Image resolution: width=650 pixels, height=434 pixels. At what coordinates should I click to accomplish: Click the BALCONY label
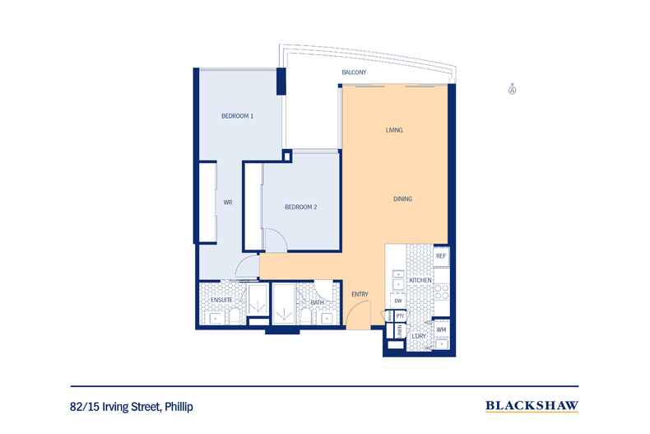pyautogui.click(x=354, y=74)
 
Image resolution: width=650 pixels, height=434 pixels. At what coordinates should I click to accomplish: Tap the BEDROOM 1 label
pyautogui.click(x=237, y=116)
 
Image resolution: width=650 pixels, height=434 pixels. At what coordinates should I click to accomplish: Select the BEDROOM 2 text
pyautogui.click(x=301, y=207)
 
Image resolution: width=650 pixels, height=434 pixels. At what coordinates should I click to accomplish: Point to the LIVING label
pyautogui.click(x=392, y=131)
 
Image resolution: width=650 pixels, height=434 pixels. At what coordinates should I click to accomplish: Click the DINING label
pyautogui.click(x=402, y=199)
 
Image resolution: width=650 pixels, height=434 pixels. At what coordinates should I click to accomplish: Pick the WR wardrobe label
pyautogui.click(x=229, y=202)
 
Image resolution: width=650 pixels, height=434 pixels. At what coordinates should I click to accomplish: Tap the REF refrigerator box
pyautogui.click(x=440, y=257)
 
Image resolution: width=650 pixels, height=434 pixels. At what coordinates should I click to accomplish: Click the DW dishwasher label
pyautogui.click(x=397, y=301)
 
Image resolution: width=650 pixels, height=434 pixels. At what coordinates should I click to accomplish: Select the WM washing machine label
pyautogui.click(x=440, y=330)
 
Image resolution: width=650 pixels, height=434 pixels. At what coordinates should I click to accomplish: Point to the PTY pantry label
pyautogui.click(x=400, y=316)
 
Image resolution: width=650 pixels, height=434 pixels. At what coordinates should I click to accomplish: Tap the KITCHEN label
pyautogui.click(x=420, y=282)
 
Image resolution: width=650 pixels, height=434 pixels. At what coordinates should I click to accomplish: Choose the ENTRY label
pyautogui.click(x=360, y=294)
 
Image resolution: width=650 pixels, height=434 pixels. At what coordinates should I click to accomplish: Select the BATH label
pyautogui.click(x=317, y=302)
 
